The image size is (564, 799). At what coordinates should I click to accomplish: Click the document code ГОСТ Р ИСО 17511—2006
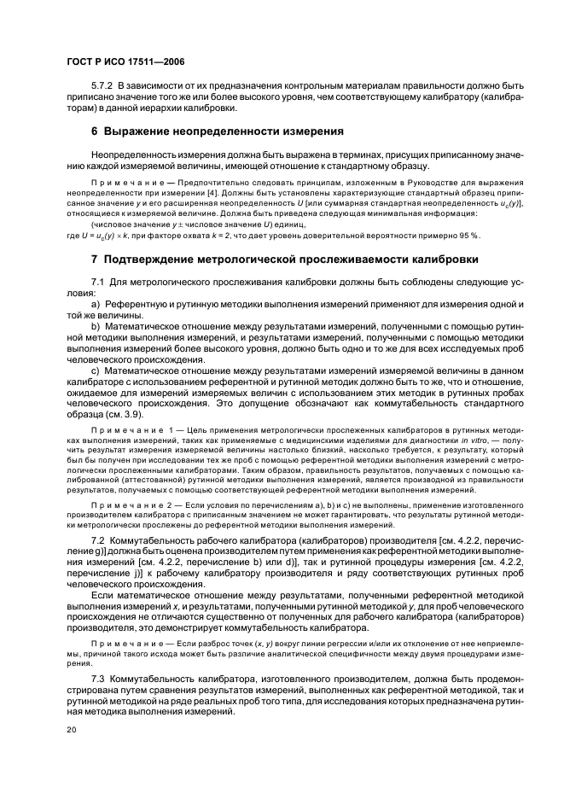coord(125,62)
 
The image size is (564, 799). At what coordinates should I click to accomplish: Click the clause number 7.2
coord(96,541)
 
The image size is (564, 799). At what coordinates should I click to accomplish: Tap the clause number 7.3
coord(96,675)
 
